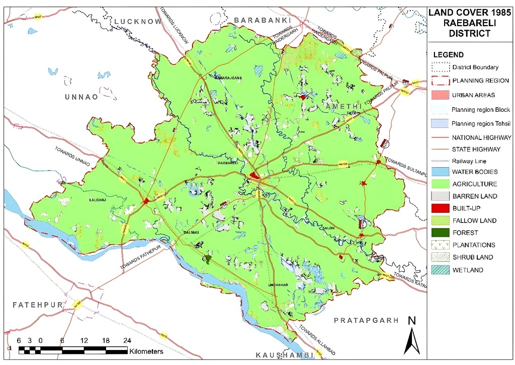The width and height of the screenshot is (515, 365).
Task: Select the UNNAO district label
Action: [x=80, y=97]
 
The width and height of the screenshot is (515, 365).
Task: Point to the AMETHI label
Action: [x=344, y=106]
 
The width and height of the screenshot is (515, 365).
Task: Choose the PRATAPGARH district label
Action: [x=366, y=320]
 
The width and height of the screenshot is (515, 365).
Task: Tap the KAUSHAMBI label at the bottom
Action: [x=284, y=355]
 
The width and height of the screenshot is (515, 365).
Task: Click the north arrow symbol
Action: [x=412, y=337]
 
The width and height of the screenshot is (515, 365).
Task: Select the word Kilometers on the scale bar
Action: [x=146, y=351]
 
